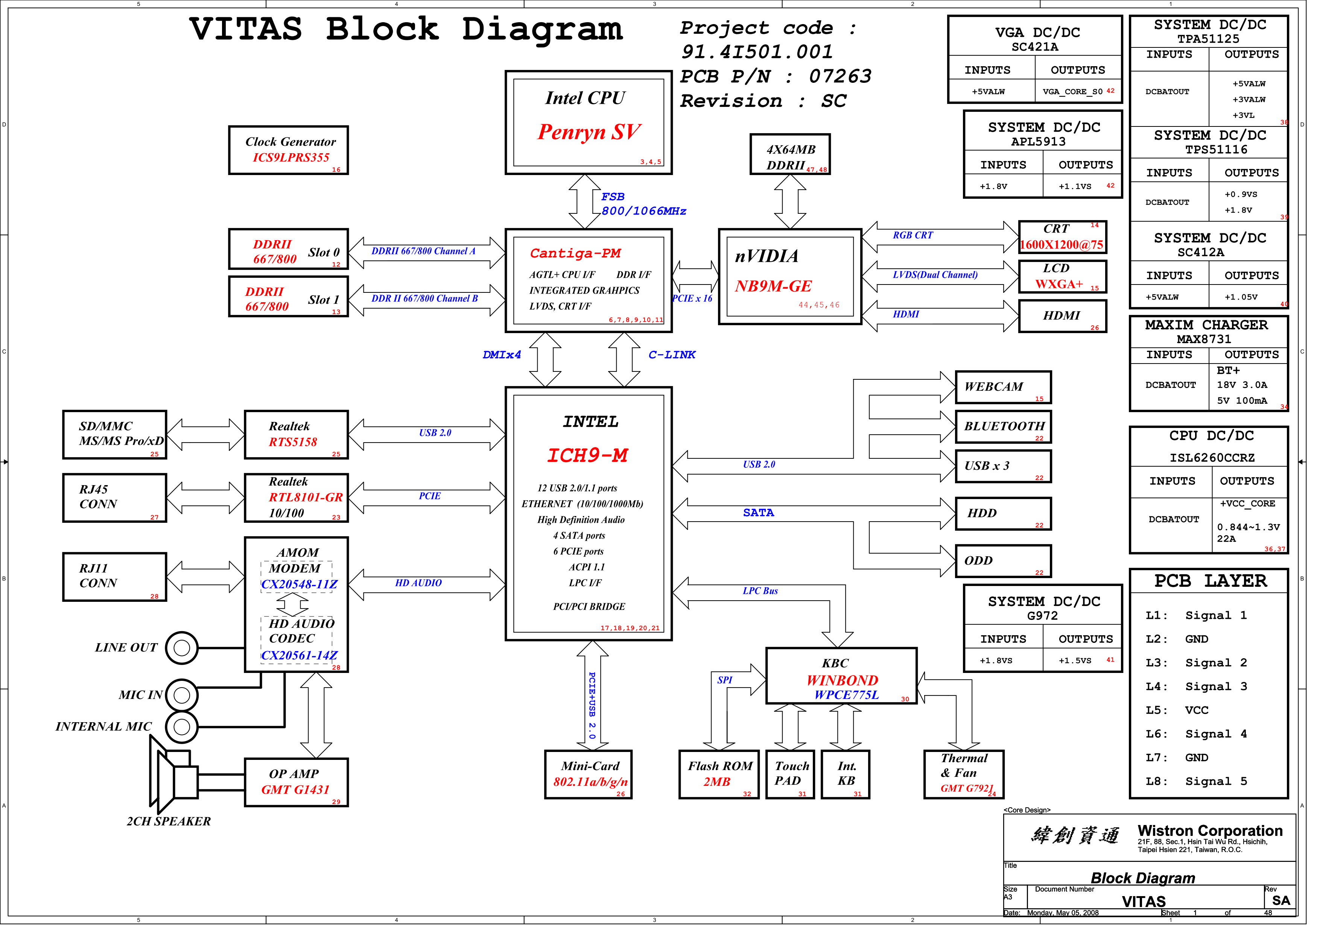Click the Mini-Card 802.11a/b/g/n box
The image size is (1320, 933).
click(x=594, y=782)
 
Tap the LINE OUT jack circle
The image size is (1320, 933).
click(x=183, y=654)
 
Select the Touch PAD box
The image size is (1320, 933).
click(x=797, y=782)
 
